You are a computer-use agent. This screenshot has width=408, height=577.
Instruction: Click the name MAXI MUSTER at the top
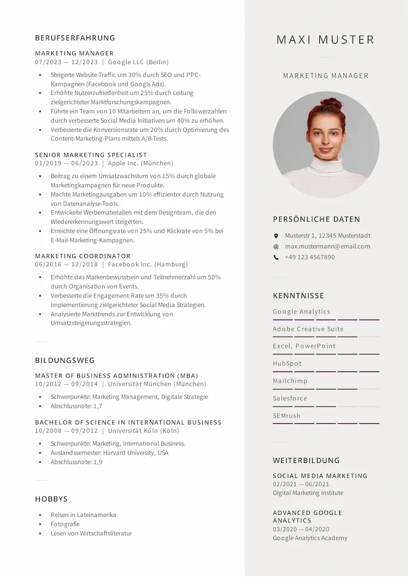pos(325,40)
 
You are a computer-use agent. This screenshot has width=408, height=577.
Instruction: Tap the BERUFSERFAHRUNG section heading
pos(75,38)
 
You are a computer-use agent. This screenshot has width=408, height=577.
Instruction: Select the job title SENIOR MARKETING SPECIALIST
pos(91,155)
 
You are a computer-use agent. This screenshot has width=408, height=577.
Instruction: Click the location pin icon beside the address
pos(276,236)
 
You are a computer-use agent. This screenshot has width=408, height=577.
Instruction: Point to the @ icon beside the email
pos(276,246)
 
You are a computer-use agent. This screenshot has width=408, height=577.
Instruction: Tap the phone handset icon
pos(276,257)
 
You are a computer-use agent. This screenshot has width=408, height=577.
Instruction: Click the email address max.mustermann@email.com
pos(328,246)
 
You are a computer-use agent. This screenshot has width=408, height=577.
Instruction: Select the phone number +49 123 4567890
pos(309,257)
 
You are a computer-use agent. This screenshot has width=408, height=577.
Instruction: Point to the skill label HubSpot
pos(287,364)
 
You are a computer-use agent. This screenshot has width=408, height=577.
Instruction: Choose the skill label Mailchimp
pos(290,381)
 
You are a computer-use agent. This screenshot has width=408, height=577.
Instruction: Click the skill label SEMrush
pos(287,416)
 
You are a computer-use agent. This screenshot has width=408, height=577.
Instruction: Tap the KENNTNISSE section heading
pos(298,296)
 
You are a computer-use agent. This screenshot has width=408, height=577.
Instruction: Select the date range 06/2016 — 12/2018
pos(66,265)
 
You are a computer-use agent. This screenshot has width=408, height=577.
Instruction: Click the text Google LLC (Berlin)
pos(138,62)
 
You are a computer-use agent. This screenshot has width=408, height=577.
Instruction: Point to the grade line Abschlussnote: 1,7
pos(77,406)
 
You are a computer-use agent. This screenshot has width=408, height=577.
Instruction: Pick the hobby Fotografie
pos(65,524)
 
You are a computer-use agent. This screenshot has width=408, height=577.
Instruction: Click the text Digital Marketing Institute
pos(308,493)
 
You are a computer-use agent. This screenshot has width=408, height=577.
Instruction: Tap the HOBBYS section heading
pos(51,499)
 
